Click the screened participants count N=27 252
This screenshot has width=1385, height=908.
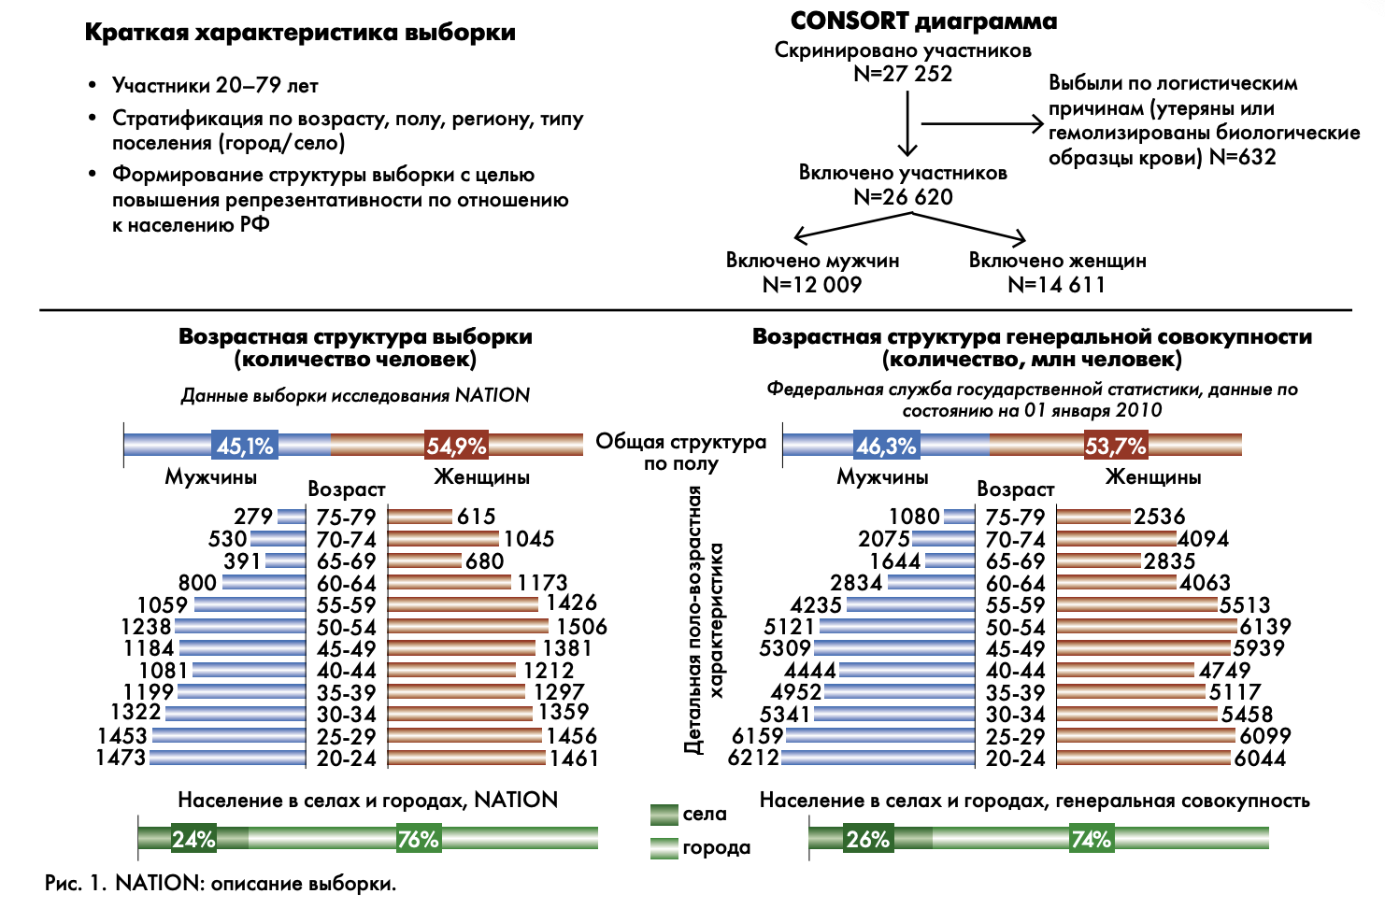click(x=903, y=74)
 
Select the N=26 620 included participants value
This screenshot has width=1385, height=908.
click(x=903, y=197)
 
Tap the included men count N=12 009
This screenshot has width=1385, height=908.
click(x=812, y=285)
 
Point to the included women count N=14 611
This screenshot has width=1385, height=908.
click(x=1056, y=285)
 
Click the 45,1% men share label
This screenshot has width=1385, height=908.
click(x=245, y=447)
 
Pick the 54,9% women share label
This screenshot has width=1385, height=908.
click(x=456, y=447)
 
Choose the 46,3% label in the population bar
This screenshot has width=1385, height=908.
click(x=886, y=447)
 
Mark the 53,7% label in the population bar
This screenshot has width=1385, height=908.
click(x=1115, y=447)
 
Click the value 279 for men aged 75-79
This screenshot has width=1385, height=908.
click(x=253, y=517)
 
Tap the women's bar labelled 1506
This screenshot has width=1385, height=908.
click(x=467, y=627)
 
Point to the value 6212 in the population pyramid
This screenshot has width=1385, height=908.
click(x=753, y=758)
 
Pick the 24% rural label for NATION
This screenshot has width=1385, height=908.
click(x=193, y=839)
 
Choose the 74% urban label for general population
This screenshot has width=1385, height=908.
click(x=1091, y=839)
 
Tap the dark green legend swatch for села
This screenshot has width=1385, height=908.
click(x=664, y=815)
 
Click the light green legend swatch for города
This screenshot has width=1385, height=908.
click(x=664, y=848)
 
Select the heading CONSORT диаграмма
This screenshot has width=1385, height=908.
click(x=923, y=21)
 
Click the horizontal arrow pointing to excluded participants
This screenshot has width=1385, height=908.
click(x=981, y=123)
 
